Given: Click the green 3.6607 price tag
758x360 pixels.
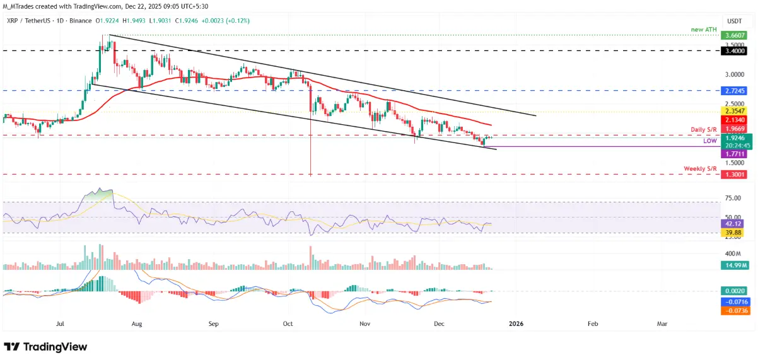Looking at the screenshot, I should coord(735,35).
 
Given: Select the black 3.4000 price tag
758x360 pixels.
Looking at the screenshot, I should coord(735,49).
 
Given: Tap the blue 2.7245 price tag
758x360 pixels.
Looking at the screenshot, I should coord(735,91).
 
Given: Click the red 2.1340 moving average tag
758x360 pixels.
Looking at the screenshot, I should coord(735,120).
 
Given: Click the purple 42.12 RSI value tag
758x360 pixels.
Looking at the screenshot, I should coord(735,223).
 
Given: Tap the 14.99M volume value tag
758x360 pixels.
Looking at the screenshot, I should coord(735,265).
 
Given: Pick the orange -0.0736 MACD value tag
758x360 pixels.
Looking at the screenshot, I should coord(735,310).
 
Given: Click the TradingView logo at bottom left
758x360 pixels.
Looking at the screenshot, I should coord(45,347).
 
